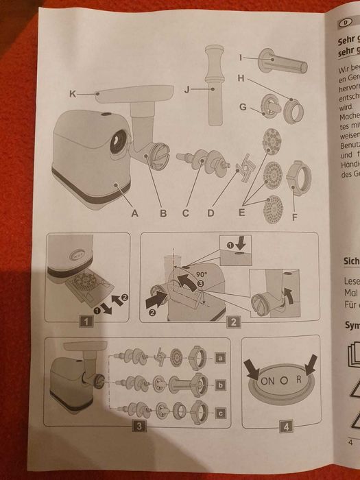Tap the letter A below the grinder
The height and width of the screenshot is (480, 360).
click(x=136, y=214)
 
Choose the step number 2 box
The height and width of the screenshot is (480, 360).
click(x=233, y=320)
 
